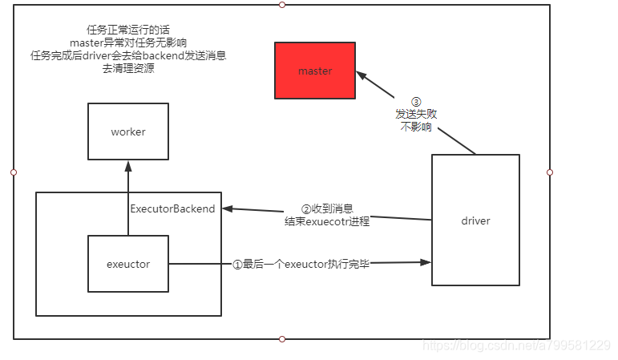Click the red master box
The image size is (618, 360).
pyautogui.click(x=314, y=71)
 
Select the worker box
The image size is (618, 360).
pyautogui.click(x=128, y=131)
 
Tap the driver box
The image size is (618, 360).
pyautogui.click(x=475, y=220)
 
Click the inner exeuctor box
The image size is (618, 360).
pyautogui.click(x=128, y=264)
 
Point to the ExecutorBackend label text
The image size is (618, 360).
pyautogui.click(x=172, y=209)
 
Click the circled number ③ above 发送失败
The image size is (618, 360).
pyautogui.click(x=416, y=102)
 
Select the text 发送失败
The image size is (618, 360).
pyautogui.click(x=416, y=115)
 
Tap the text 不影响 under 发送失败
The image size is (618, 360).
pyautogui.click(x=416, y=127)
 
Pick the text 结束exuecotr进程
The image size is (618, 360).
pyautogui.click(x=327, y=221)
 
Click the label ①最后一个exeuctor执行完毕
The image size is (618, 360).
pyautogui.click(x=301, y=264)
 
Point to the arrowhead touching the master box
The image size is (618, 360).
pyautogui.click(x=362, y=76)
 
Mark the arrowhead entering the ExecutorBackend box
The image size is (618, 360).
pyautogui.click(x=228, y=209)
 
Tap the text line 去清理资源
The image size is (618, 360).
pyautogui.click(x=128, y=68)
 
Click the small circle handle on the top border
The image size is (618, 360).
pyautogui.click(x=281, y=5)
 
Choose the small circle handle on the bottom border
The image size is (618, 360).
pyautogui.click(x=281, y=339)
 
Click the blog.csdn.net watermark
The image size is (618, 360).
pyautogui.click(x=515, y=346)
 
